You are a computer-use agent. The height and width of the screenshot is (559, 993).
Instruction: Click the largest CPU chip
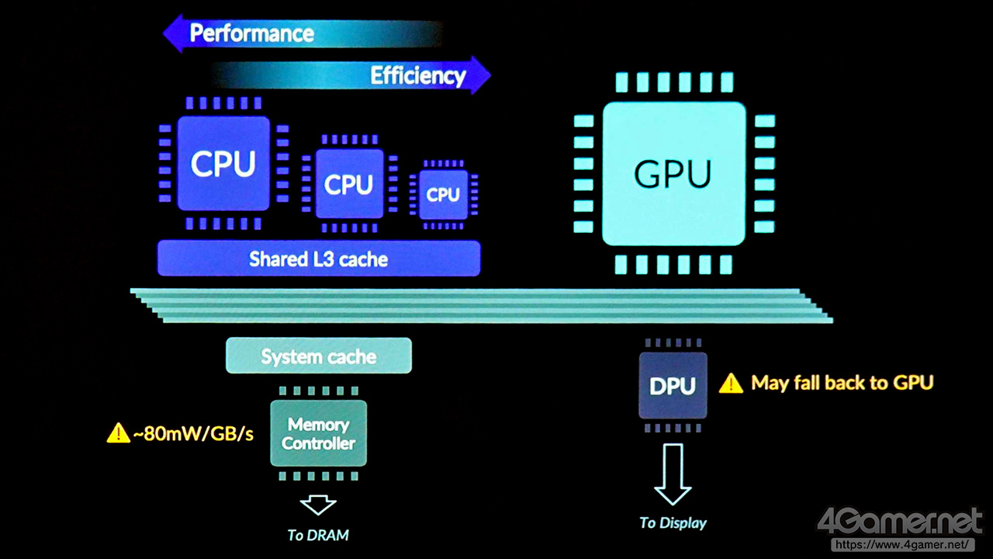[223, 164]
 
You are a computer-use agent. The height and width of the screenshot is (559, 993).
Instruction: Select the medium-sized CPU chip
[349, 184]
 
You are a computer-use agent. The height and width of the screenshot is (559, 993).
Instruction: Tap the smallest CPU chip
[444, 194]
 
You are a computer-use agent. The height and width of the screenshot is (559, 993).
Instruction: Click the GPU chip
[673, 174]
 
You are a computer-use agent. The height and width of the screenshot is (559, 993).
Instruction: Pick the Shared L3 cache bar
[318, 259]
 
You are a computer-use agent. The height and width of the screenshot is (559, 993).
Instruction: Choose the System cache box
[318, 356]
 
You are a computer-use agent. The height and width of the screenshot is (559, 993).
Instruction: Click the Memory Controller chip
[318, 434]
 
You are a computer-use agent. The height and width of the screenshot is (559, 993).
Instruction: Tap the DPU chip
[673, 386]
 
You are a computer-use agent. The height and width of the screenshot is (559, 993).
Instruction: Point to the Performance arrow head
[173, 34]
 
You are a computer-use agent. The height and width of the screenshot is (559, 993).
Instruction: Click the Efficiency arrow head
[482, 75]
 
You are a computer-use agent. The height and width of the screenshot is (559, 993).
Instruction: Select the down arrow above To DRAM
[318, 505]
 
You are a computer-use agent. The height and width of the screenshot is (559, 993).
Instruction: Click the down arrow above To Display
[673, 474]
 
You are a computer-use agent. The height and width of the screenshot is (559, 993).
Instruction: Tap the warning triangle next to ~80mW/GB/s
[118, 433]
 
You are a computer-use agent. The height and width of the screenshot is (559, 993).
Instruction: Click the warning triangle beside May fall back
[731, 383]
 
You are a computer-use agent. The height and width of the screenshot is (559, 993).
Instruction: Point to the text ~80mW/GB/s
[193, 433]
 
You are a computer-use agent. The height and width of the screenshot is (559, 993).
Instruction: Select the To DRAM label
[318, 535]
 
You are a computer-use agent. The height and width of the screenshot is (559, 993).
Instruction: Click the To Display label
[673, 523]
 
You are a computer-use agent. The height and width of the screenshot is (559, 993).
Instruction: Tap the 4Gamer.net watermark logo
[900, 522]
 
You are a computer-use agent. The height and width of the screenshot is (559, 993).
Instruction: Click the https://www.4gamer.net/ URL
[901, 545]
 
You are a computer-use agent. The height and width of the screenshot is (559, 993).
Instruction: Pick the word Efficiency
[417, 75]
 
